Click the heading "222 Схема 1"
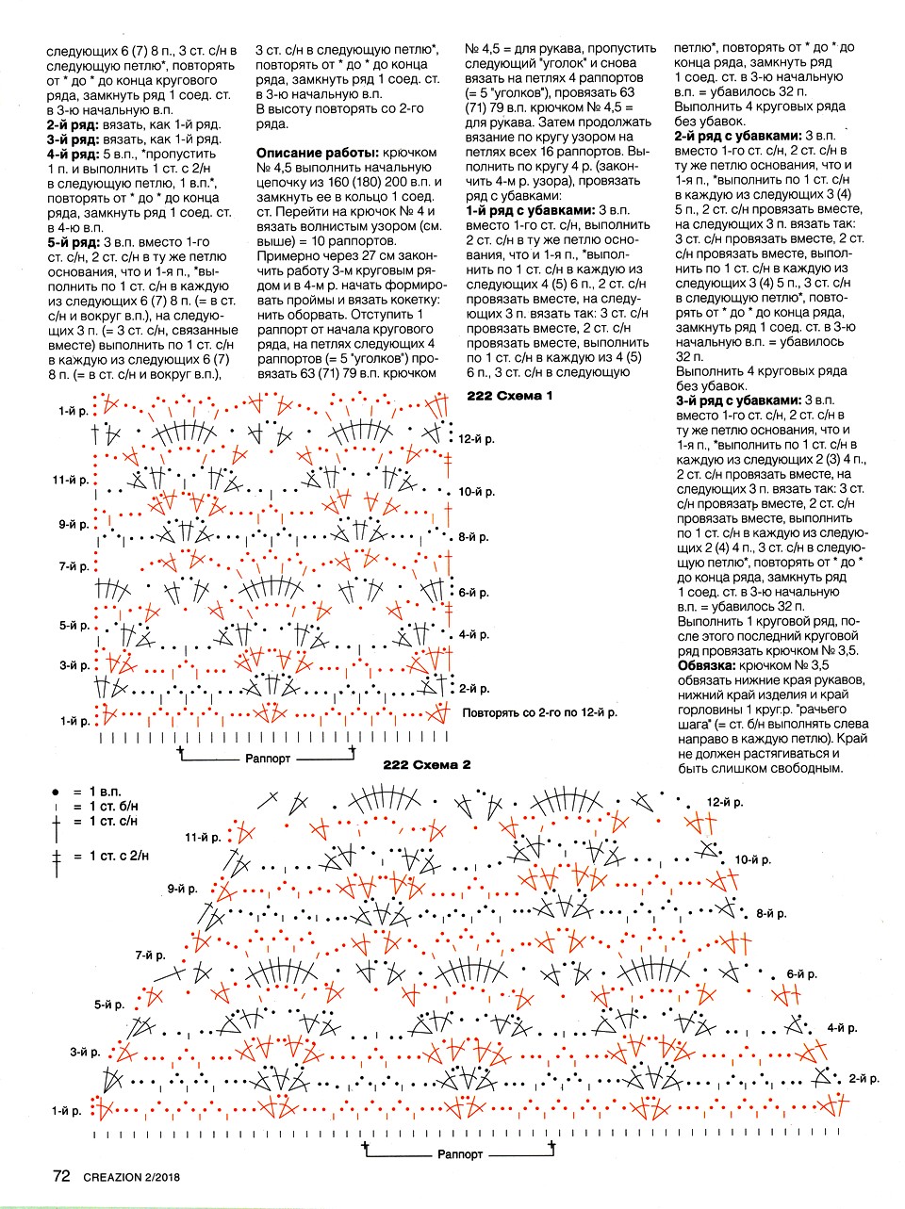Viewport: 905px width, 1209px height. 510,396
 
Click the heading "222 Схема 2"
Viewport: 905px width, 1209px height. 426,764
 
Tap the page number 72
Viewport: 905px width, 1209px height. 61,1176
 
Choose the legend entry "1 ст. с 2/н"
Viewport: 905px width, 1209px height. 119,856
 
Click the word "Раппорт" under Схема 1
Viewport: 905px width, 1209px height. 268,758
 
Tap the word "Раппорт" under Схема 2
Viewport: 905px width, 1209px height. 459,1153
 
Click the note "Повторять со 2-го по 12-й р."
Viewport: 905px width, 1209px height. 539,712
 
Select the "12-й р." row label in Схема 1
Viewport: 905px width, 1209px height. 476,439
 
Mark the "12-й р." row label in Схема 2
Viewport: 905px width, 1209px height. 725,802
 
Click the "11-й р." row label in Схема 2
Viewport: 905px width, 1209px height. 203,837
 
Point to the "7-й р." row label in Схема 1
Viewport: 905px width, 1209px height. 74,566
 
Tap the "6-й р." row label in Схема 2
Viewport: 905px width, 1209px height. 802,973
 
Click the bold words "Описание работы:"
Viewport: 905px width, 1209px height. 316,153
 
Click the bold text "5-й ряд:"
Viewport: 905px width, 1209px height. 74,242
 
